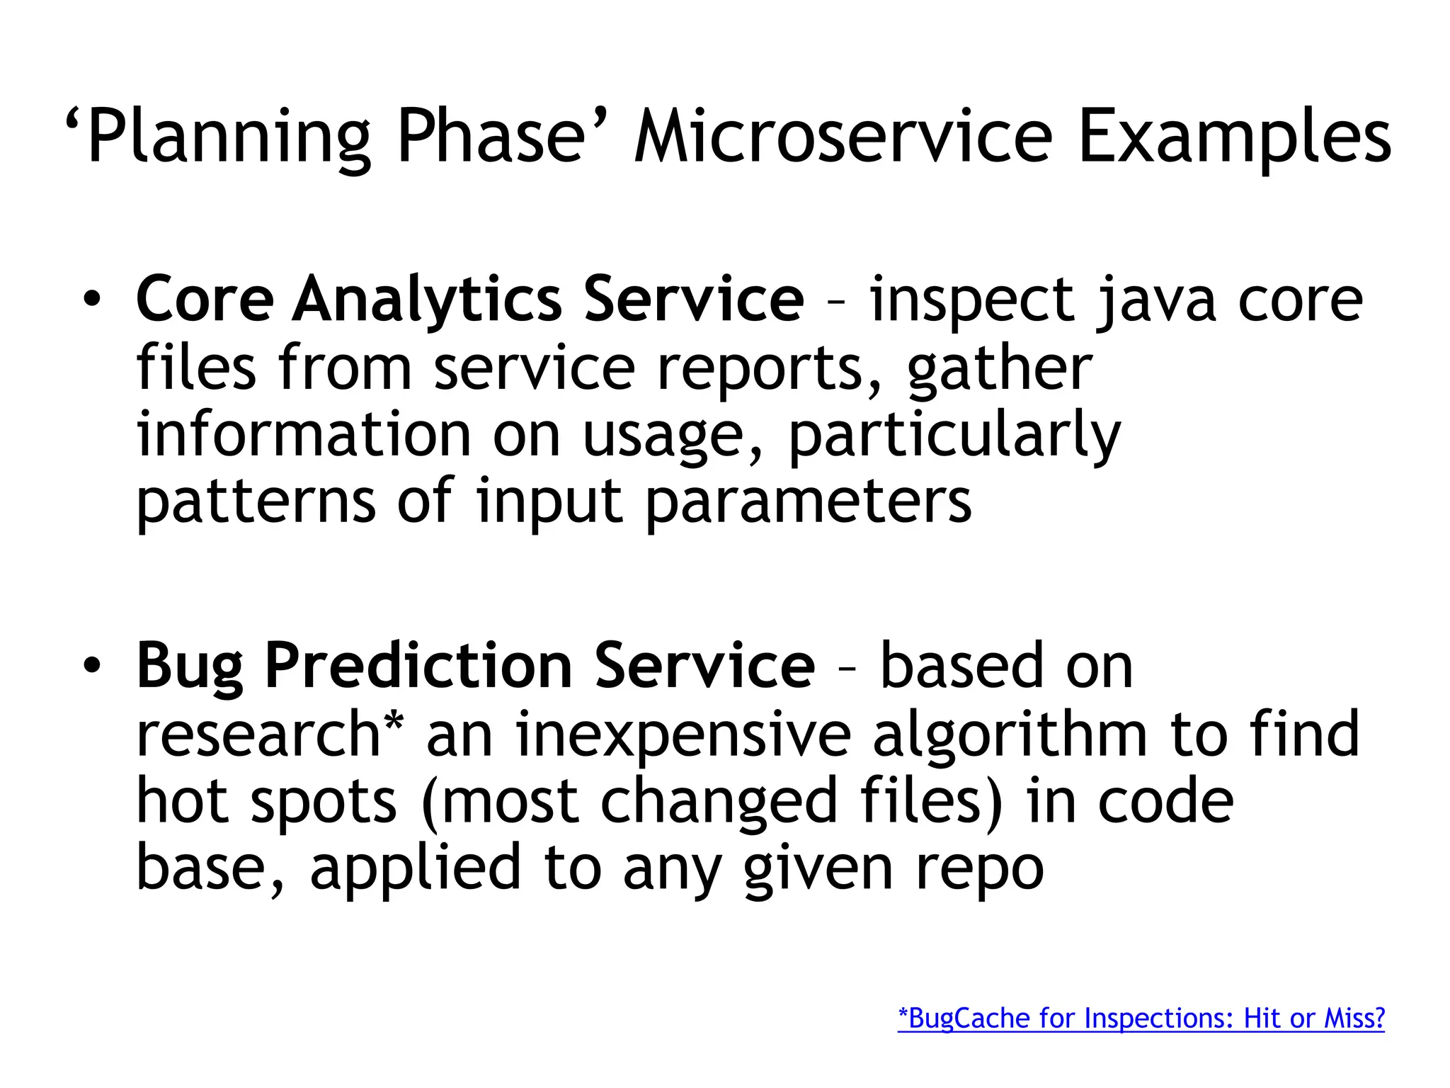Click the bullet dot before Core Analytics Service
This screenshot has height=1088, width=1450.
(x=91, y=300)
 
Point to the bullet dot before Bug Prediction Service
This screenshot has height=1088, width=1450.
(x=91, y=666)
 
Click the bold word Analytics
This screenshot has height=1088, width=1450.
(x=427, y=300)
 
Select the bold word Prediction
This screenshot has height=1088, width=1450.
(x=418, y=666)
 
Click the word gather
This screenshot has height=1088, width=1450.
(x=1000, y=368)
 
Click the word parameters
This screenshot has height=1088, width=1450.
(x=809, y=501)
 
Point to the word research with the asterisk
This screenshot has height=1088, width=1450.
(x=269, y=734)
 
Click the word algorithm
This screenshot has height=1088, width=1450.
(x=1010, y=734)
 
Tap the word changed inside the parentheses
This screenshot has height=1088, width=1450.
(x=719, y=801)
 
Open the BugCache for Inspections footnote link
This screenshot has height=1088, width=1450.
(x=1141, y=1018)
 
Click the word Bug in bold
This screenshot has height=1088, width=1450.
(x=189, y=666)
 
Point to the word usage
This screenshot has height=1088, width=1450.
(x=673, y=434)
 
